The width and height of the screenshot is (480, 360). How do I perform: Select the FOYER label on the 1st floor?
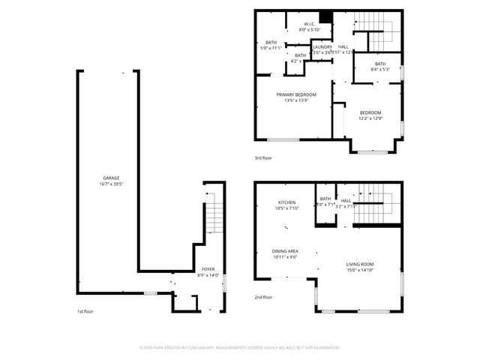(x=208, y=269)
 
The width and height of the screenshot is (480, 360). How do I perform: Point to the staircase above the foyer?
(x=214, y=217)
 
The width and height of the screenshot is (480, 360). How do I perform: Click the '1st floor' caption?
(x=85, y=311)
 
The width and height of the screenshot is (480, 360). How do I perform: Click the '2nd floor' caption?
(x=262, y=298)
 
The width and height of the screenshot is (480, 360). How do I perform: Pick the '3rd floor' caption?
(x=262, y=158)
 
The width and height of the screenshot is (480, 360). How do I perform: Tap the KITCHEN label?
(x=287, y=202)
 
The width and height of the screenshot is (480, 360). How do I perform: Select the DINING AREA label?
(x=284, y=251)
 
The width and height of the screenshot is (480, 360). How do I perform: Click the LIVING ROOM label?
(x=360, y=264)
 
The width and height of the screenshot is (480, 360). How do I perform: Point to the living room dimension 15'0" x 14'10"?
(x=360, y=270)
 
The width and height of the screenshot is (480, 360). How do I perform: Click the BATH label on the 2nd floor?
(x=325, y=199)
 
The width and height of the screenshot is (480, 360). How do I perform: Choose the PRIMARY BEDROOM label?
(x=296, y=94)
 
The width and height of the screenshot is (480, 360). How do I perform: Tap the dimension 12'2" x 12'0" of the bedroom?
(x=370, y=118)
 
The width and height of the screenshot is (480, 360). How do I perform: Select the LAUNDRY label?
(x=322, y=46)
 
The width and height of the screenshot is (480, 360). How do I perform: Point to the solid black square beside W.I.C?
(x=325, y=19)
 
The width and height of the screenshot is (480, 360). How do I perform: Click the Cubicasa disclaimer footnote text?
(x=240, y=348)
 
